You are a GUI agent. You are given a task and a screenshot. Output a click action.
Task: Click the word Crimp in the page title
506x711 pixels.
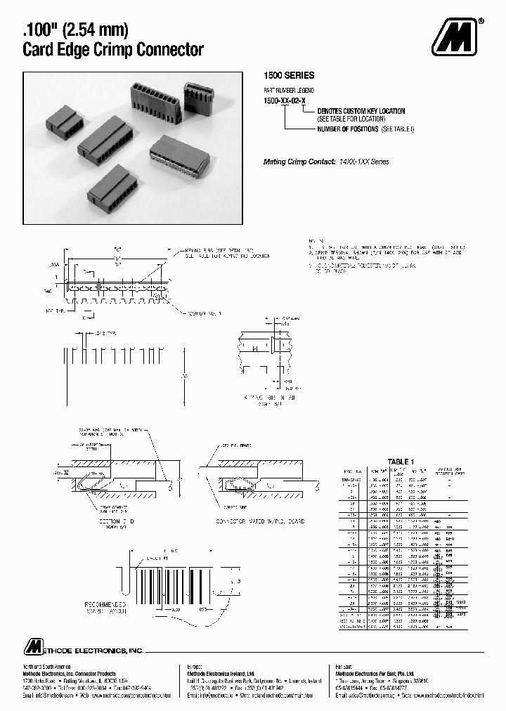tap(131, 50)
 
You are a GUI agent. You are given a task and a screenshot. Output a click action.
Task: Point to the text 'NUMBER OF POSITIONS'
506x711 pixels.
tap(348, 129)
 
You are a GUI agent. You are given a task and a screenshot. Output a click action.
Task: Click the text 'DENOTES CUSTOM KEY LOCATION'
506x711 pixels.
tap(361, 111)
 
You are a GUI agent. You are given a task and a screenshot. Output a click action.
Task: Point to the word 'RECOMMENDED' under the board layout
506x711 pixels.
tap(105, 604)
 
